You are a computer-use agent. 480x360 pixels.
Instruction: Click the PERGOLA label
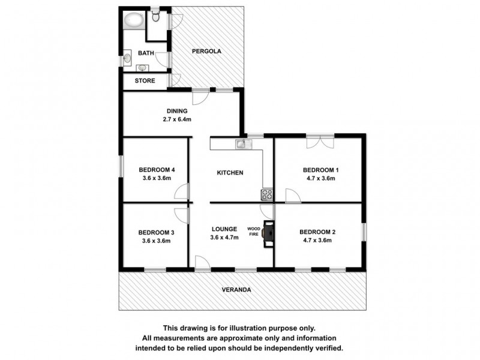coord(206,52)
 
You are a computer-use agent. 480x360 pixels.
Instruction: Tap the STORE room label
coord(145,80)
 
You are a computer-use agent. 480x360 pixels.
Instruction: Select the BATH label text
coord(146,53)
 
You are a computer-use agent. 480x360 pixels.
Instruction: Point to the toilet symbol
coord(155,17)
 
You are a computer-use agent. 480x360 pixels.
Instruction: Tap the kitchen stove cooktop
coord(266,194)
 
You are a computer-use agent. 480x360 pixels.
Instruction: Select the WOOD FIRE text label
coord(254,232)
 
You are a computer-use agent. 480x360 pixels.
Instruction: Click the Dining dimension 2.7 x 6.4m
coord(178,119)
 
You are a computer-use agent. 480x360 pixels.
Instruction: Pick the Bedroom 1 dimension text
coord(319,178)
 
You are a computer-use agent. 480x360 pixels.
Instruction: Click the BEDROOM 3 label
coord(157,233)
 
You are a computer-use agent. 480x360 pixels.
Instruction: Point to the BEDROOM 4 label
coord(157,169)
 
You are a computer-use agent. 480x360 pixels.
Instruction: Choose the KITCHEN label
coord(230,173)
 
